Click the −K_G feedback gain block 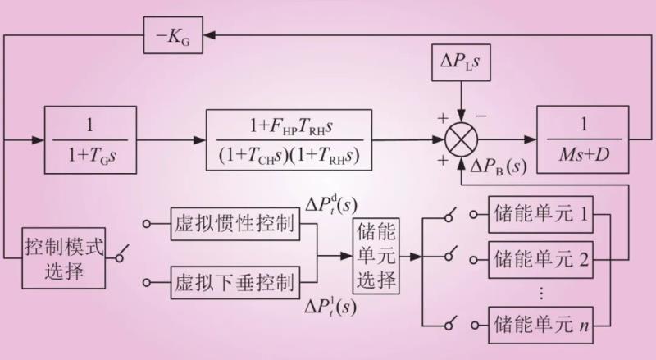point(173,37)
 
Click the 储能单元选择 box point(376,257)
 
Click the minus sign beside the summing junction point(481,116)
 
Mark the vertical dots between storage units point(540,291)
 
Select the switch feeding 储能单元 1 point(452,216)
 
